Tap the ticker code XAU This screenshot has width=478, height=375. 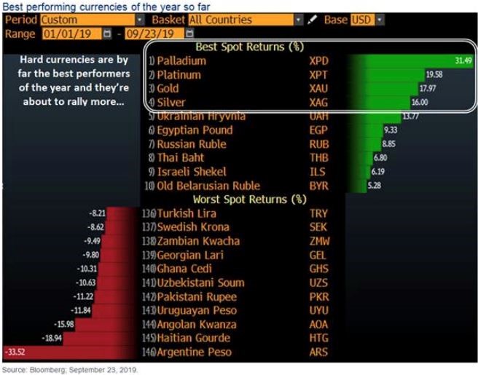tap(320, 88)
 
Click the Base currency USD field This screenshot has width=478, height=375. tap(363, 20)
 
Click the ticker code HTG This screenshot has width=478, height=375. tap(319, 338)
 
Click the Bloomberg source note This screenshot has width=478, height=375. tap(69, 369)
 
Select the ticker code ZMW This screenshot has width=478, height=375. tap(319, 241)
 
